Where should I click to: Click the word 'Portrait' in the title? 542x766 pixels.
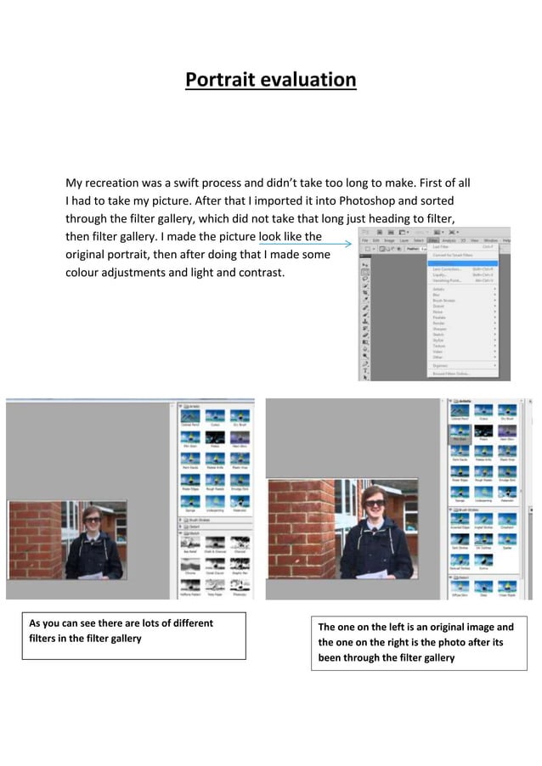click(220, 80)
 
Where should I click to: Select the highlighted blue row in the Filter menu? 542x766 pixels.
click(462, 262)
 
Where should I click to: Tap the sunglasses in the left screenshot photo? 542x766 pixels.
click(91, 516)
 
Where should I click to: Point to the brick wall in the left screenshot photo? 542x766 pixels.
click(35, 535)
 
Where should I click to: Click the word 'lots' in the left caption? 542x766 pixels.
click(126, 623)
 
